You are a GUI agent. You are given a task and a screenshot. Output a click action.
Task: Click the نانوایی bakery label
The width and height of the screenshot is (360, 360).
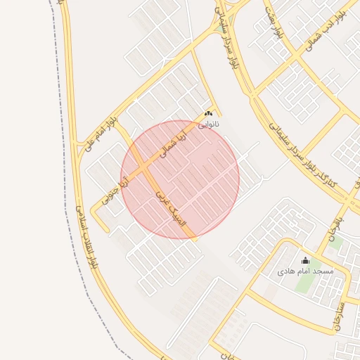[208, 124]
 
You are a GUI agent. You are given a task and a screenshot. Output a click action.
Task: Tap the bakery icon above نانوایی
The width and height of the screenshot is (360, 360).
[208, 114]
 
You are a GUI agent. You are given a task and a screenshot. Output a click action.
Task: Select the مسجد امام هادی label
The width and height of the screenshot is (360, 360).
[305, 271]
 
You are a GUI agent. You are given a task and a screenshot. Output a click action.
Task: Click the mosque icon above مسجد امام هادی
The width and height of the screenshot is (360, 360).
[305, 260]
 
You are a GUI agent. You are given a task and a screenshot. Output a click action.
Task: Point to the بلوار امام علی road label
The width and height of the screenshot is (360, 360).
[99, 134]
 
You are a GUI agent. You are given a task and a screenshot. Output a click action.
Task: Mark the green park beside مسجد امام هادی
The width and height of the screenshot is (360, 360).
[307, 281]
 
